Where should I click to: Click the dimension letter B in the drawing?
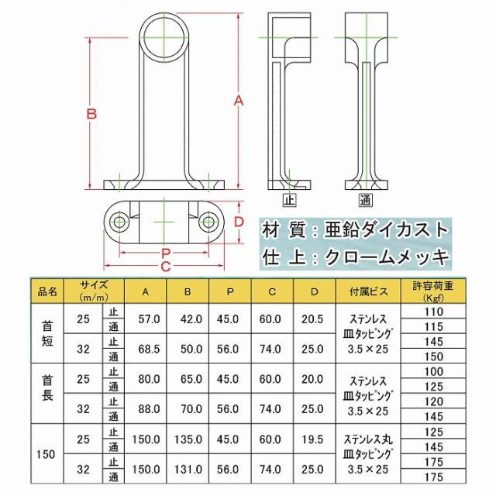(91, 114)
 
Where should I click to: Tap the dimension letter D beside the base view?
(239, 222)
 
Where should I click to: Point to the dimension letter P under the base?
(165, 253)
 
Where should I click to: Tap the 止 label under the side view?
(290, 201)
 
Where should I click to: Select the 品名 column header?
(48, 292)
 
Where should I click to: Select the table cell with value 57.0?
(149, 319)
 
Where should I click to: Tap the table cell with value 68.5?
(149, 348)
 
